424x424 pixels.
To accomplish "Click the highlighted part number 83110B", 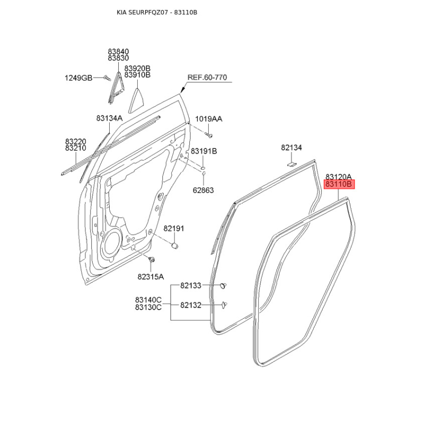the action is click(x=339, y=184).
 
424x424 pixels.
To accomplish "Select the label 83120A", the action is click(x=339, y=176).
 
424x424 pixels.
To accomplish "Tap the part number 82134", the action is click(x=291, y=148).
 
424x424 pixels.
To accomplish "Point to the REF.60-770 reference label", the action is click(x=207, y=77).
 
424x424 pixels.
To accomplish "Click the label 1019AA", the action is click(x=209, y=119).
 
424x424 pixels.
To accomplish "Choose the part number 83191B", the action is click(x=204, y=151).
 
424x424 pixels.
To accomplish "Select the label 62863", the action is click(x=203, y=190).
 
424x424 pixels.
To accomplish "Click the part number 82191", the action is click(x=173, y=228).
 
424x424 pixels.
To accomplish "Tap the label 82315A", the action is click(x=151, y=277).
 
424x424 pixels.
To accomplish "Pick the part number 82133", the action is click(x=191, y=286).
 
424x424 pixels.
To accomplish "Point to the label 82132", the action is click(x=191, y=305).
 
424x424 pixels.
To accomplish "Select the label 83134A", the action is click(x=109, y=119).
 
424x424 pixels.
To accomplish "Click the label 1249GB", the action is click(x=78, y=78).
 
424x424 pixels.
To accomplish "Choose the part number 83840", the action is click(x=118, y=51).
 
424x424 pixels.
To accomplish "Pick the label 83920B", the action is click(x=137, y=68).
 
